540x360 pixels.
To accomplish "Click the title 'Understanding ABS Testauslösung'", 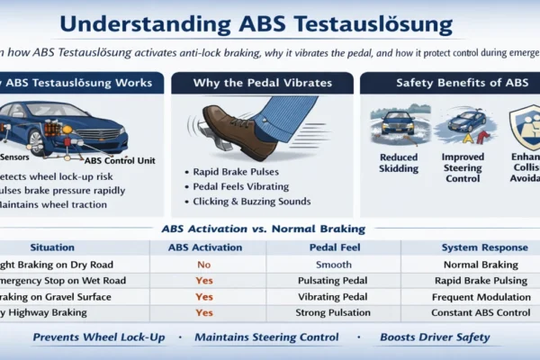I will coord(270,23).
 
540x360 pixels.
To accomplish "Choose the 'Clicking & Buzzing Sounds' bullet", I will coord(252,201).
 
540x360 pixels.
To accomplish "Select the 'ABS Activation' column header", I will coord(204,247).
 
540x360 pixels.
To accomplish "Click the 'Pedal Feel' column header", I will coord(321,247).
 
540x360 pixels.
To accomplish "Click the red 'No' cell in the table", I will coord(204,265).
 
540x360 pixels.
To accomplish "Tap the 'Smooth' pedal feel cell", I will coord(321,265).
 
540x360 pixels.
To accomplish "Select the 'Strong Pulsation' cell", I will coord(321,312).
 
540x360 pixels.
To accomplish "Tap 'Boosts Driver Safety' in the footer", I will coord(435,337).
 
